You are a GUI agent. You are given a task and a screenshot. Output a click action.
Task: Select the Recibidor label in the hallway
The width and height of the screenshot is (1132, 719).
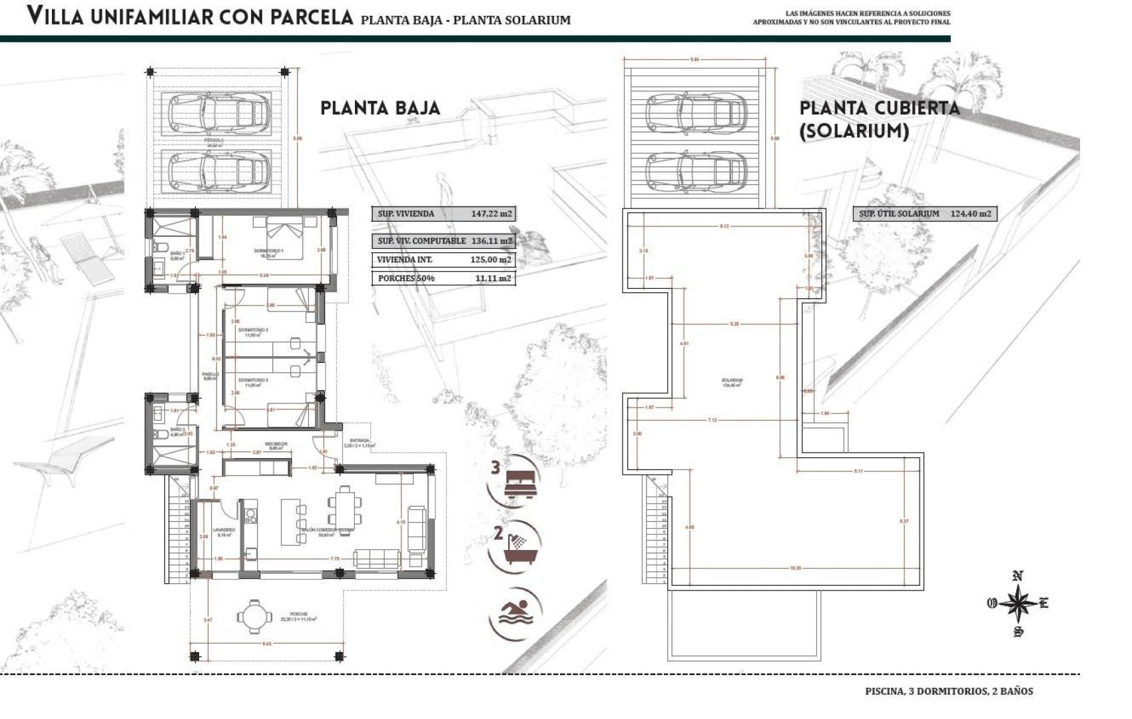[276, 445]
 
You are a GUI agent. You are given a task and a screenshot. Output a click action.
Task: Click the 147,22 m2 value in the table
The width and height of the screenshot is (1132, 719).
[491, 214]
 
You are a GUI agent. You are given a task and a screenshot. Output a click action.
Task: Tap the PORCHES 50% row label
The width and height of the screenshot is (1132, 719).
[406, 278]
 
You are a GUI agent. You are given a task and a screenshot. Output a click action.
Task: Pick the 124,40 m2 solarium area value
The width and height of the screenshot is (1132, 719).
[970, 214]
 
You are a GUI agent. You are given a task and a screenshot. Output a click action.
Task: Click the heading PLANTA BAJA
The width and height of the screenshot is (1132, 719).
[380, 108]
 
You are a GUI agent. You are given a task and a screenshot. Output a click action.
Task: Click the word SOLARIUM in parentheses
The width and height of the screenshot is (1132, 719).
[854, 131]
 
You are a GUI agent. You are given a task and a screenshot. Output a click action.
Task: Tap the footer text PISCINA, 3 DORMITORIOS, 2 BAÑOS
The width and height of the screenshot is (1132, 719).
[949, 691]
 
